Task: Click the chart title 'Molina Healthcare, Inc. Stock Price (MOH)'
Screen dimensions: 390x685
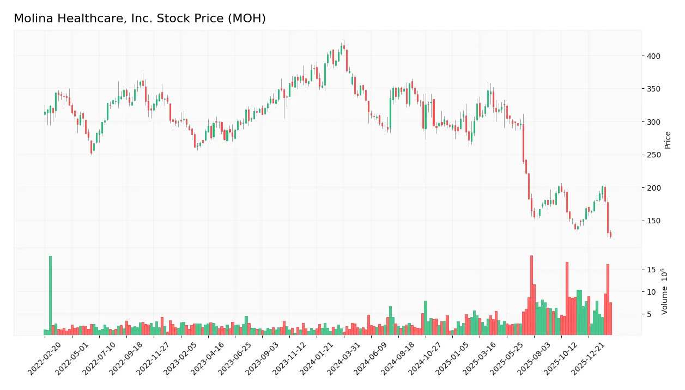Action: [140, 19]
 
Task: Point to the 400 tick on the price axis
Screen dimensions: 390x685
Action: [653, 56]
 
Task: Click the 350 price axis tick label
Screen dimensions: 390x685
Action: [653, 89]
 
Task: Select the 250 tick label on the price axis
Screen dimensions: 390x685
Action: [653, 155]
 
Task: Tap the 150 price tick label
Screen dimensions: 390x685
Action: [653, 221]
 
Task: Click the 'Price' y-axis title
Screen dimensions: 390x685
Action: [668, 140]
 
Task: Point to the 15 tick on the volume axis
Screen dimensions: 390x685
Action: [651, 270]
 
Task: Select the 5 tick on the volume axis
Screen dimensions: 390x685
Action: [649, 314]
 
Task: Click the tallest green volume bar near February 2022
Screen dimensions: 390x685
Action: [50, 295]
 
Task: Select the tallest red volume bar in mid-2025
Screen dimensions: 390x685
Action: [531, 295]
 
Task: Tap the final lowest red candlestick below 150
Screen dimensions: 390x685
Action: [610, 234]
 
